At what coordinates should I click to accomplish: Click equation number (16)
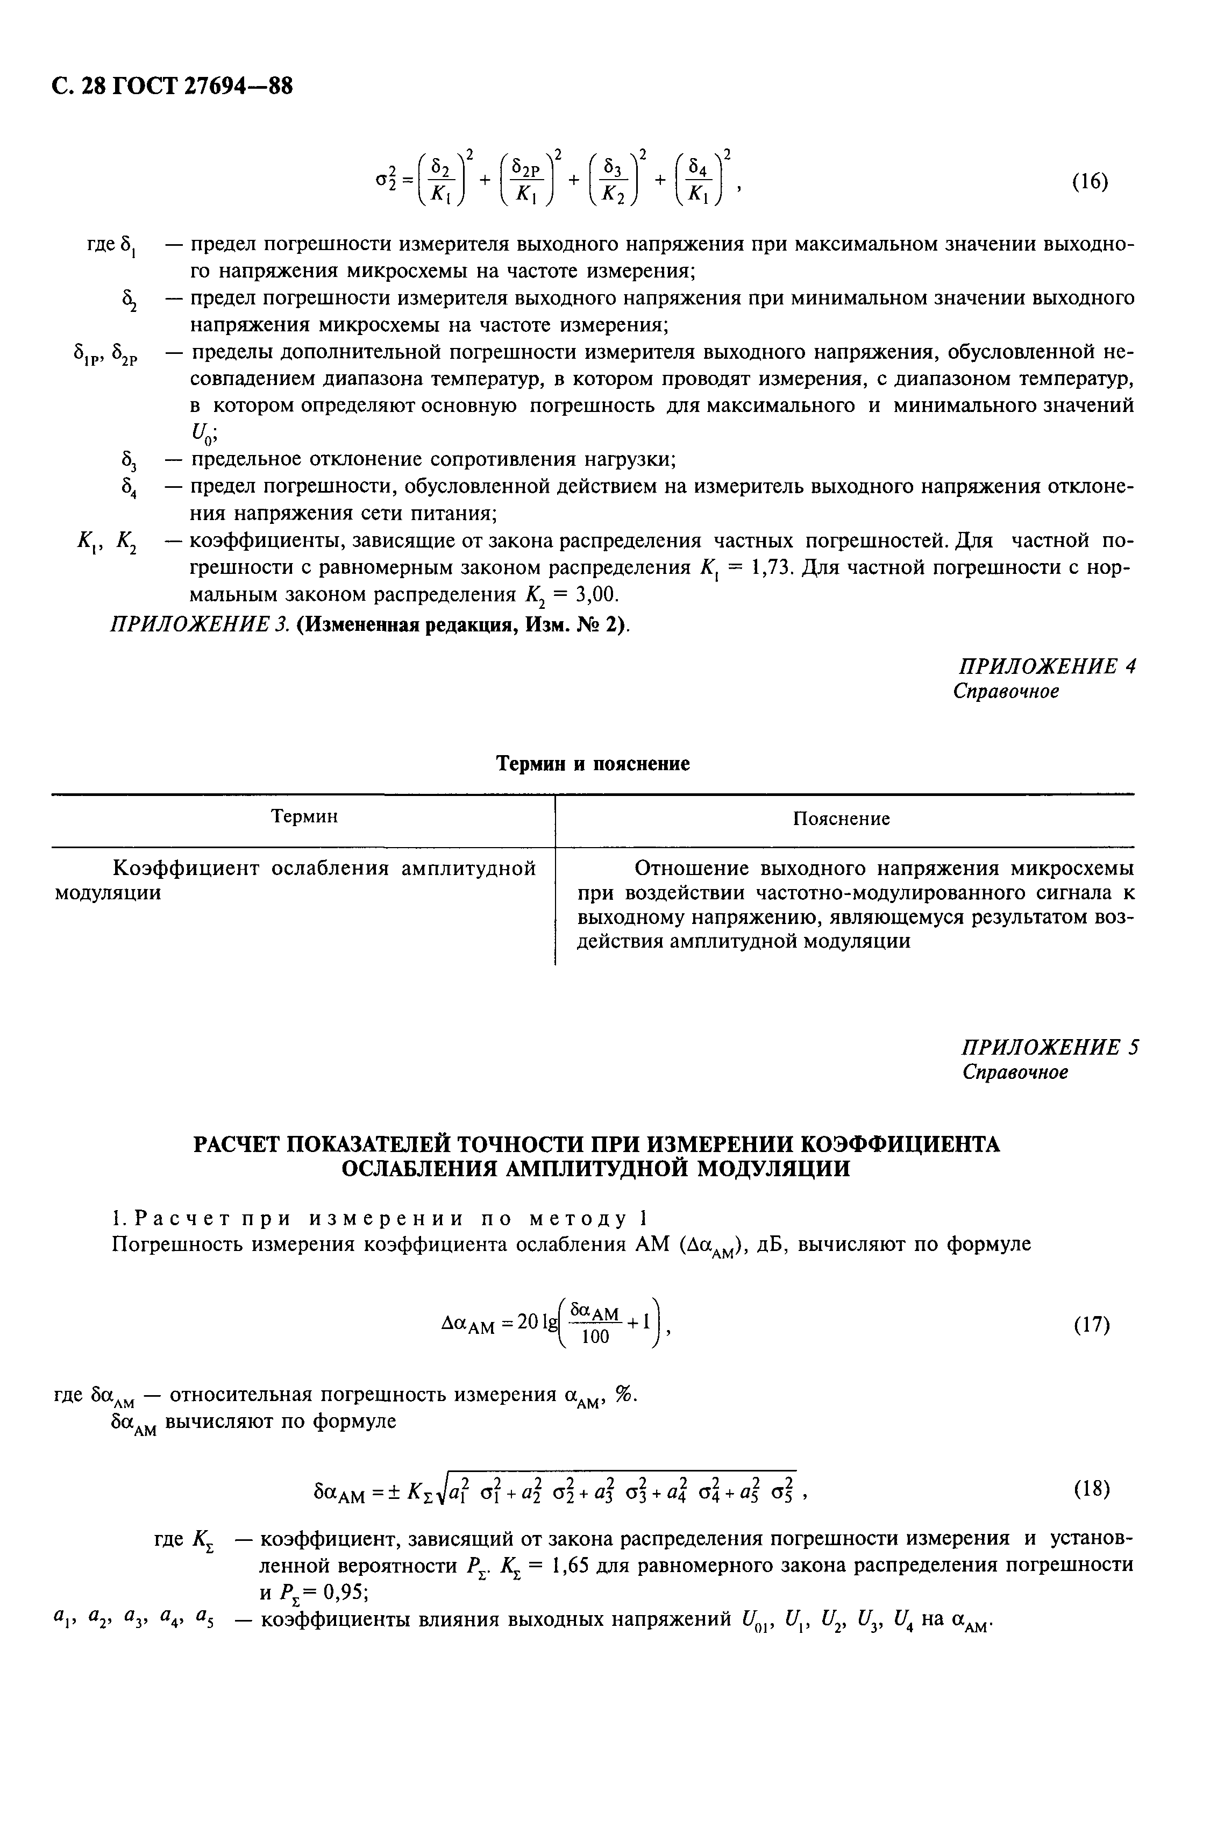click(1091, 182)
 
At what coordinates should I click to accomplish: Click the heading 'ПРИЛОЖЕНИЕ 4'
click(1047, 666)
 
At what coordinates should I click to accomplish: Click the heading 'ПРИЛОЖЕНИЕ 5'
click(1049, 1047)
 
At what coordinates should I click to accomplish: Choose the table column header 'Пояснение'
click(842, 819)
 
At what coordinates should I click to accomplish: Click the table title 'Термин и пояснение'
click(593, 764)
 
